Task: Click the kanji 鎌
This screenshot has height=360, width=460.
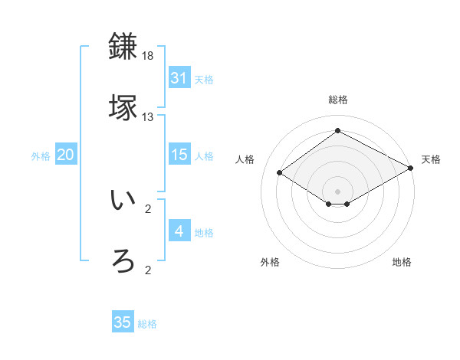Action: point(123,47)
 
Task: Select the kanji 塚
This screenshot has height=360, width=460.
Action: point(123,108)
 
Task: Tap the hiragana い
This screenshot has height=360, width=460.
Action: point(123,201)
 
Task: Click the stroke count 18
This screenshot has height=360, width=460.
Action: point(148,57)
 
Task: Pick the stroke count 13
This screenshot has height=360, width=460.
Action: point(148,117)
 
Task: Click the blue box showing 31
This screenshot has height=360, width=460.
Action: point(179,78)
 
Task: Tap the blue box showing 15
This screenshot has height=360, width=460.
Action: point(179,155)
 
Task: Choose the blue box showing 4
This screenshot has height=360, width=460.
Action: point(179,231)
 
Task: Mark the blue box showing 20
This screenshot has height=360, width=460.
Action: point(66,155)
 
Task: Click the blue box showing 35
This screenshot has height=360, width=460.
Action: point(123,322)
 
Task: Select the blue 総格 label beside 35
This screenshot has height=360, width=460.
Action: point(147,324)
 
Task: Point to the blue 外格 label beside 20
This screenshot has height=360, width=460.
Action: point(41,156)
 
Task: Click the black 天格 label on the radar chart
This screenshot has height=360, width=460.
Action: point(431,159)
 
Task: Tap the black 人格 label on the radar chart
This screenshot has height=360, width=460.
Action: point(245,159)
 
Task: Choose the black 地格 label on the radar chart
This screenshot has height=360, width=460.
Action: point(402,263)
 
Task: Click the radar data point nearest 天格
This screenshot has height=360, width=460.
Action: point(412,169)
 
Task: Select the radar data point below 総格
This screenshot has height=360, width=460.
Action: point(337,131)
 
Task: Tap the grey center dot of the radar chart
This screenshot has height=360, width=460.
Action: point(337,191)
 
